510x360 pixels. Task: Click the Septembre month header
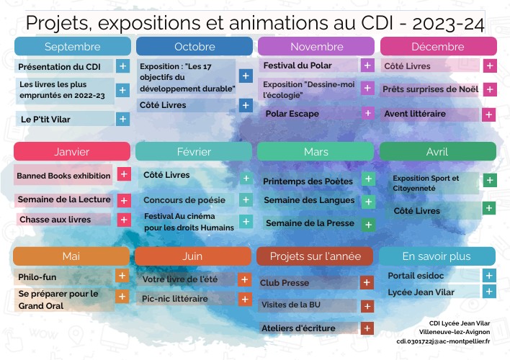72,47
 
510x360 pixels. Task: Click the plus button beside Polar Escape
367,114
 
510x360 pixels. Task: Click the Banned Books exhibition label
63,175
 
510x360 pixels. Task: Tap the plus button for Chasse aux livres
124,220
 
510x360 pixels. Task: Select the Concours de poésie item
184,200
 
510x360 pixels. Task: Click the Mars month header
316,152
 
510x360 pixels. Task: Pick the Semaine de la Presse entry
310,223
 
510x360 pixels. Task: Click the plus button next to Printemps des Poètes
368,179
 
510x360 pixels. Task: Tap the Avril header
437,152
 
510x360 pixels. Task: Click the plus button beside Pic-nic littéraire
245,299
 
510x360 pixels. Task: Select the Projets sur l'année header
314,256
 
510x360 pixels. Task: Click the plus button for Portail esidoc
489,275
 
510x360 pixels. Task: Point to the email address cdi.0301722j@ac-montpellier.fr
443,341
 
